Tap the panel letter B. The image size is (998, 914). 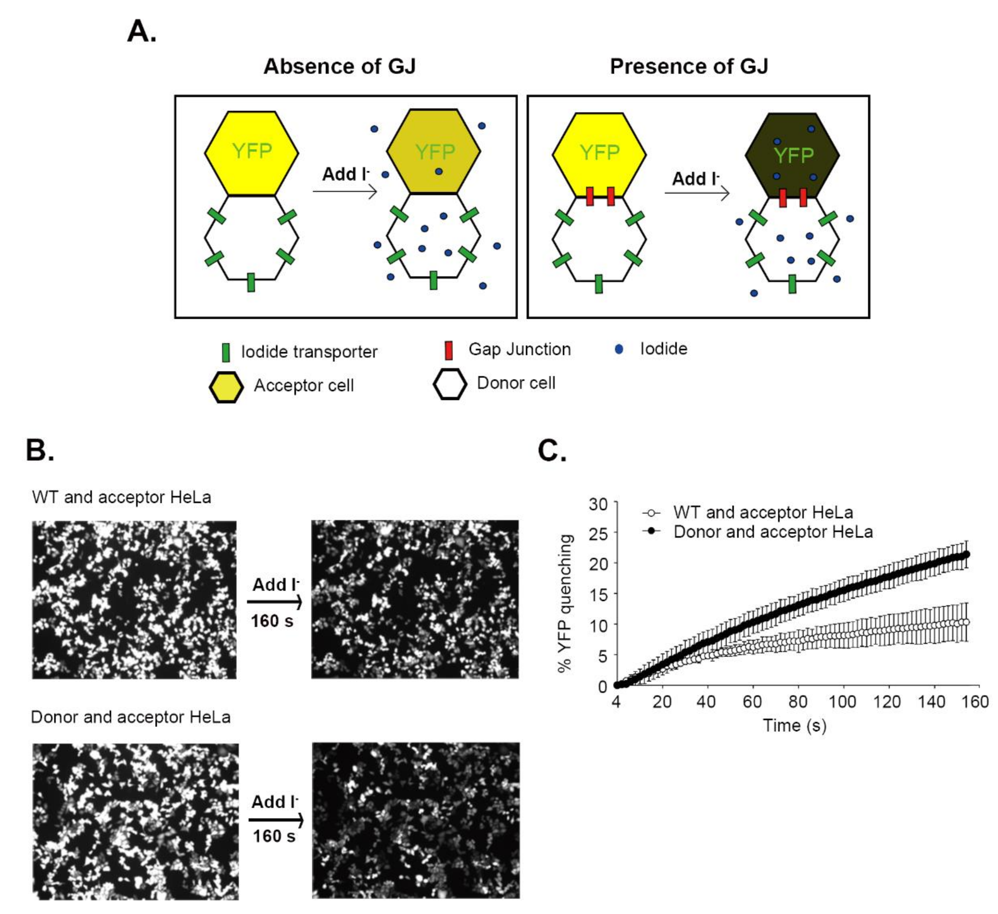point(40,450)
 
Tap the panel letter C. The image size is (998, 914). point(552,450)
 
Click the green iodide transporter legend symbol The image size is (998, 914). point(226,352)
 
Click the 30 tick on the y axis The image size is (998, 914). point(598,504)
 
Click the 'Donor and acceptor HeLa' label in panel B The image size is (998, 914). point(131,717)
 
